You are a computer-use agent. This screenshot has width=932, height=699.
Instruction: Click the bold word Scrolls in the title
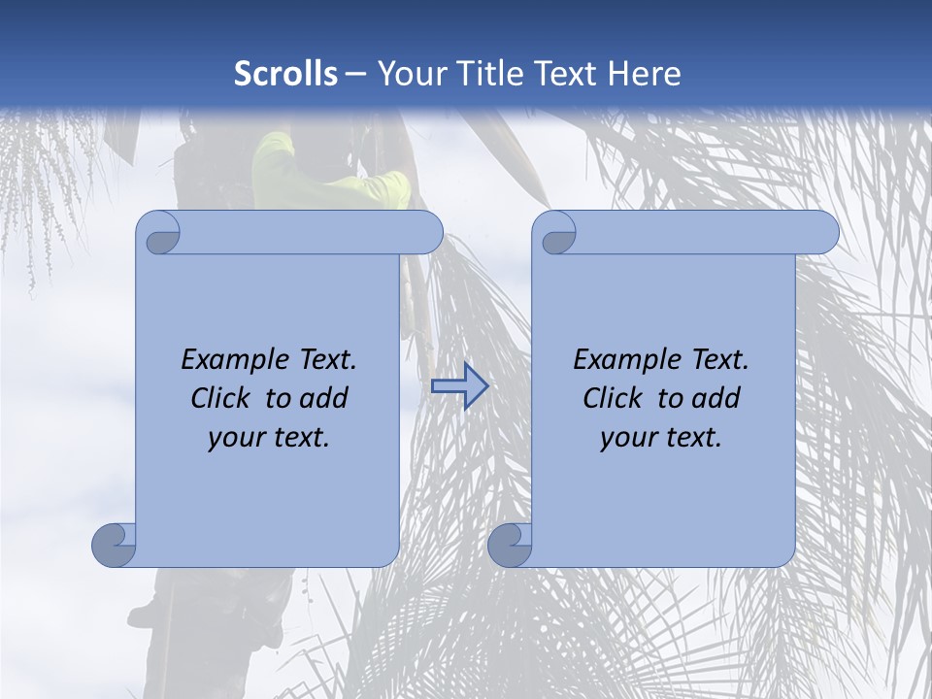286,74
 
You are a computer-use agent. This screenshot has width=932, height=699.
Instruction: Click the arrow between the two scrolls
459,386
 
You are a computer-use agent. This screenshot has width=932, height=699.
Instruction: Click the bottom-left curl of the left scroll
115,545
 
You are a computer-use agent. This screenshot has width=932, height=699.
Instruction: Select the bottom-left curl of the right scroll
510,545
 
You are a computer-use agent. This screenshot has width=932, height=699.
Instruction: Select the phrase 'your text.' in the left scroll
269,437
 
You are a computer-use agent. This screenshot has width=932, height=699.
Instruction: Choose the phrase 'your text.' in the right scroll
661,437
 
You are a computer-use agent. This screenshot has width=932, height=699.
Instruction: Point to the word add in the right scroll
715,398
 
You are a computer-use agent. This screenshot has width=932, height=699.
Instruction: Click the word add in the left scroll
322,398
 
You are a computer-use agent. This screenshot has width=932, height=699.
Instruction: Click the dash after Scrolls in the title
356,74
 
